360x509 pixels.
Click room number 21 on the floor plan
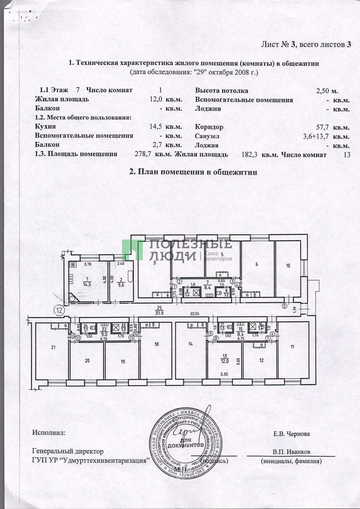coord(53,347)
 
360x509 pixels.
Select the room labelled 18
coord(157,344)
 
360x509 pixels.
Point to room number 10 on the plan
coord(288,266)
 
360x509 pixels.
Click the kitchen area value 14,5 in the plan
coord(87,284)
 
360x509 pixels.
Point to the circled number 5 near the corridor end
coord(284,306)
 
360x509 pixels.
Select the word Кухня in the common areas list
coord(45,126)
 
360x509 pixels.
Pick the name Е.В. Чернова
coord(291,434)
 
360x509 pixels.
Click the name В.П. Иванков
coord(291,452)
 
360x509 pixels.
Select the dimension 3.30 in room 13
coord(224,374)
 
